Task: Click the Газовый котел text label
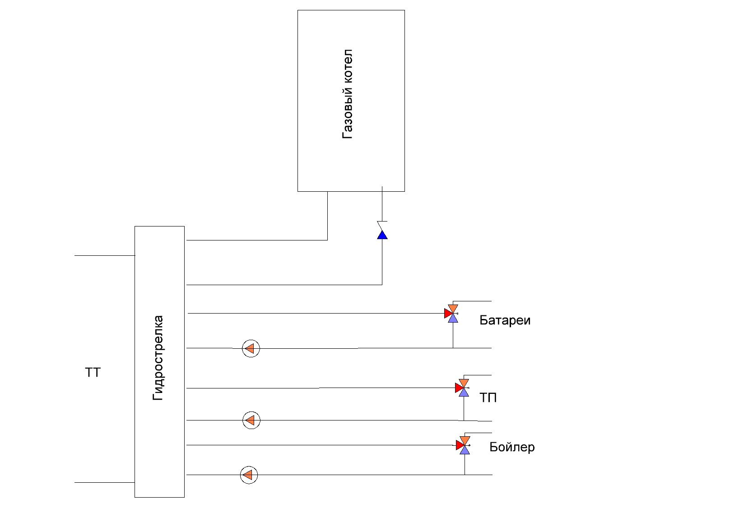click(x=347, y=94)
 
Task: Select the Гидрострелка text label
click(x=158, y=358)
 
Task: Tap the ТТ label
click(x=93, y=373)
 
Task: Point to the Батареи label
click(x=505, y=320)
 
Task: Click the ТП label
click(x=488, y=397)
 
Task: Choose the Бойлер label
click(x=512, y=447)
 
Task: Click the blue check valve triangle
click(x=382, y=235)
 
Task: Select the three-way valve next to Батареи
click(x=451, y=314)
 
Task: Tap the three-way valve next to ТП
click(x=463, y=388)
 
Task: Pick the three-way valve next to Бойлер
click(x=464, y=445)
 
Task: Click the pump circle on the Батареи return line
click(x=251, y=348)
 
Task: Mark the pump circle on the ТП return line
click(x=251, y=420)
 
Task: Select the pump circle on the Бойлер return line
click(x=249, y=475)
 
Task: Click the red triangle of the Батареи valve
click(x=448, y=314)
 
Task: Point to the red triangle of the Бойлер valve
click(x=460, y=445)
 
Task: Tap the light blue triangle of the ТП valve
click(x=464, y=393)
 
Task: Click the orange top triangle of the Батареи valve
click(x=453, y=309)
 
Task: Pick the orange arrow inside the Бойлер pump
click(x=248, y=475)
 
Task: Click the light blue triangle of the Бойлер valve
click(x=465, y=450)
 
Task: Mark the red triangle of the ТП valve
click(x=459, y=388)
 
